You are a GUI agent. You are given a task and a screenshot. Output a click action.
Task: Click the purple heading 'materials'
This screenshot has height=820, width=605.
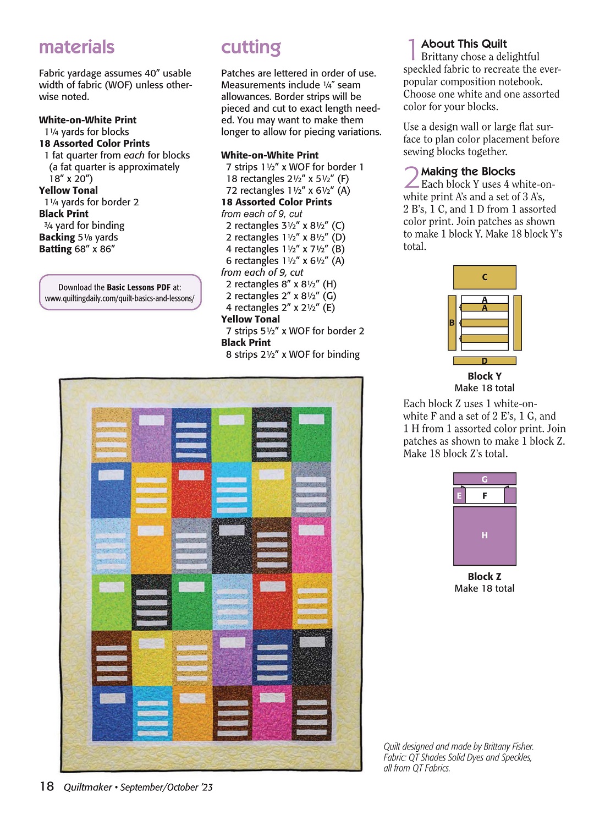pyautogui.click(x=76, y=47)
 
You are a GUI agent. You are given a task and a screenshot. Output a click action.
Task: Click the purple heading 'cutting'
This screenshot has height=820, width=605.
pyautogui.click(x=251, y=48)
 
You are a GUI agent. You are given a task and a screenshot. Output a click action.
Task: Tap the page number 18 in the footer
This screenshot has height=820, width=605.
pyautogui.click(x=47, y=786)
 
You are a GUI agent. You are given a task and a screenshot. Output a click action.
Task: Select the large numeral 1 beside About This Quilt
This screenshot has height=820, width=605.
pyautogui.click(x=411, y=50)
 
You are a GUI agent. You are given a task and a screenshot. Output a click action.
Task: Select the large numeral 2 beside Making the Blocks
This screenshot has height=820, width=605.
pyautogui.click(x=411, y=177)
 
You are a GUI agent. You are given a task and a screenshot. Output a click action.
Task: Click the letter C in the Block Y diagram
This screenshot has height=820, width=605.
pyautogui.click(x=485, y=277)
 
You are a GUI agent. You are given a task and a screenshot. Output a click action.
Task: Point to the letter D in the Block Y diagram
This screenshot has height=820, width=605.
pyautogui.click(x=485, y=361)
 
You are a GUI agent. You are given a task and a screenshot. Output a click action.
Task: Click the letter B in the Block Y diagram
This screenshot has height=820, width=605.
pyautogui.click(x=452, y=323)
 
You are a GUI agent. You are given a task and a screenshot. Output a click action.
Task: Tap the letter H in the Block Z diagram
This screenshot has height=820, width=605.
pyautogui.click(x=485, y=535)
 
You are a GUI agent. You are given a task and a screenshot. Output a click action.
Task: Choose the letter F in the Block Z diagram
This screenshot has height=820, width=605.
pyautogui.click(x=485, y=496)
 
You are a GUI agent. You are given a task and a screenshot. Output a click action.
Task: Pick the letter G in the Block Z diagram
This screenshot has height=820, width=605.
pyautogui.click(x=485, y=479)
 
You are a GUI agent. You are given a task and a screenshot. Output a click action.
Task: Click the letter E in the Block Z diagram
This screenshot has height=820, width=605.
pyautogui.click(x=459, y=496)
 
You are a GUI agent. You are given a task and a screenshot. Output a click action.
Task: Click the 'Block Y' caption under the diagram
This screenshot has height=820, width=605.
pyautogui.click(x=485, y=376)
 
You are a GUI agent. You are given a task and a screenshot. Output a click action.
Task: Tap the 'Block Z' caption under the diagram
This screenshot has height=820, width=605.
pyautogui.click(x=485, y=577)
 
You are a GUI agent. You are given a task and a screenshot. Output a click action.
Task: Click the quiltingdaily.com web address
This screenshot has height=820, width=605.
pyautogui.click(x=120, y=299)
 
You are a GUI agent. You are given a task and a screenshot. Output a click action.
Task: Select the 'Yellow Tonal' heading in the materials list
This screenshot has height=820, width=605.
pyautogui.click(x=68, y=190)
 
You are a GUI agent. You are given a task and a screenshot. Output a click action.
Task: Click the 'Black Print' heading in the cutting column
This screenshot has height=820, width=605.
pyautogui.click(x=246, y=343)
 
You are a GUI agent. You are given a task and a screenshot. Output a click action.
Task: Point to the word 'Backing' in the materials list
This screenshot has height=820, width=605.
pyautogui.click(x=57, y=237)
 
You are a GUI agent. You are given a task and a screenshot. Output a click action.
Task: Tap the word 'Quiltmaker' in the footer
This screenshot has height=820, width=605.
pyautogui.click(x=88, y=788)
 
